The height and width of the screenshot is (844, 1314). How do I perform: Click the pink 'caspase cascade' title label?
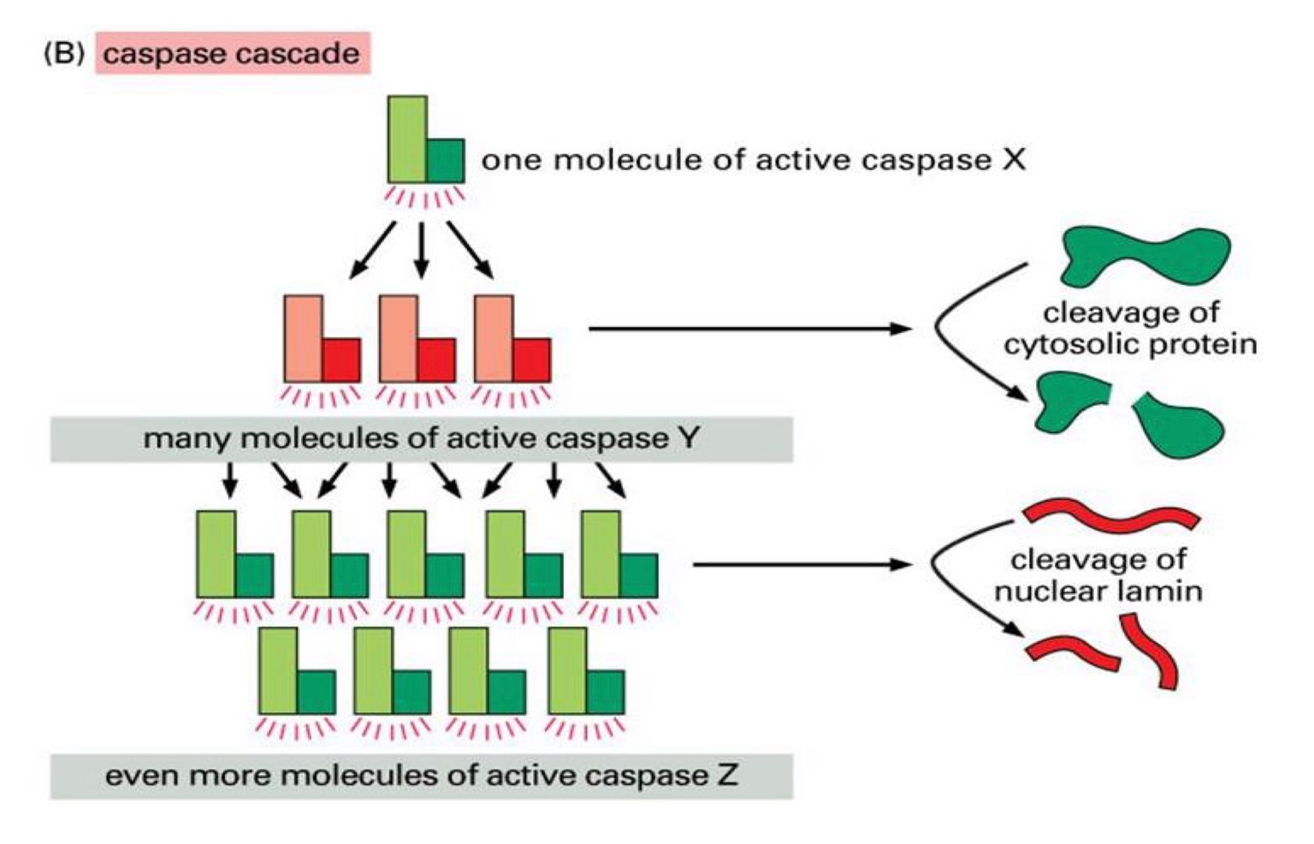tap(232, 53)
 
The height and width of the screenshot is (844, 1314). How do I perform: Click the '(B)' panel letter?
tap(63, 53)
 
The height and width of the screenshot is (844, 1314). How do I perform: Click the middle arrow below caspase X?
tap(420, 249)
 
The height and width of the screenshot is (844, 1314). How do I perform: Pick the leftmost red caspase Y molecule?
tap(321, 341)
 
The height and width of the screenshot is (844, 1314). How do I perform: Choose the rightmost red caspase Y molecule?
tap(512, 341)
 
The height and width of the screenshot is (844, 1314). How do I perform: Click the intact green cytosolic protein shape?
tap(1143, 256)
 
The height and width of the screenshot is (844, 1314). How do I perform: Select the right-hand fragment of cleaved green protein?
tap(1178, 425)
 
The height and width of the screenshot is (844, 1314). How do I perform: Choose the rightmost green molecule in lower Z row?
tap(585, 673)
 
